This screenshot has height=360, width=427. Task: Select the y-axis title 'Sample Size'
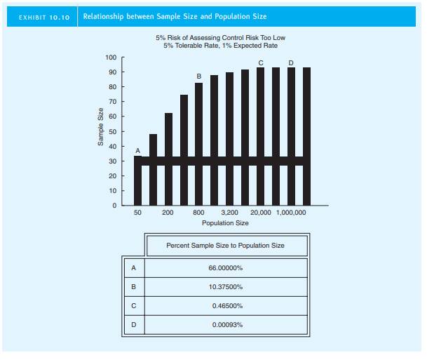101,131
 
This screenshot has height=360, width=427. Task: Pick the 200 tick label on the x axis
168,211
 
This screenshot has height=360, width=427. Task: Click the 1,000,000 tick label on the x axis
291,211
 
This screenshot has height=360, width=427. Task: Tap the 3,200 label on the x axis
229,211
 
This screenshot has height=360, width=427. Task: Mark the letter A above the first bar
137,150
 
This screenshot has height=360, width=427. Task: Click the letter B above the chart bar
198,76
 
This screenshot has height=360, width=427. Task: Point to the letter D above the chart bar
291,63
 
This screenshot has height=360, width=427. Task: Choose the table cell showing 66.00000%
226,268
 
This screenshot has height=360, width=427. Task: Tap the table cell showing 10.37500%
226,287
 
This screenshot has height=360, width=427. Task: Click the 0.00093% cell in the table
226,325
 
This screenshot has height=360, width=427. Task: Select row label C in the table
133,306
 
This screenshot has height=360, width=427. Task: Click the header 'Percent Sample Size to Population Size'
226,246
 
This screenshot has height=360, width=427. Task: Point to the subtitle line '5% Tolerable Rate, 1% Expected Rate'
222,45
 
